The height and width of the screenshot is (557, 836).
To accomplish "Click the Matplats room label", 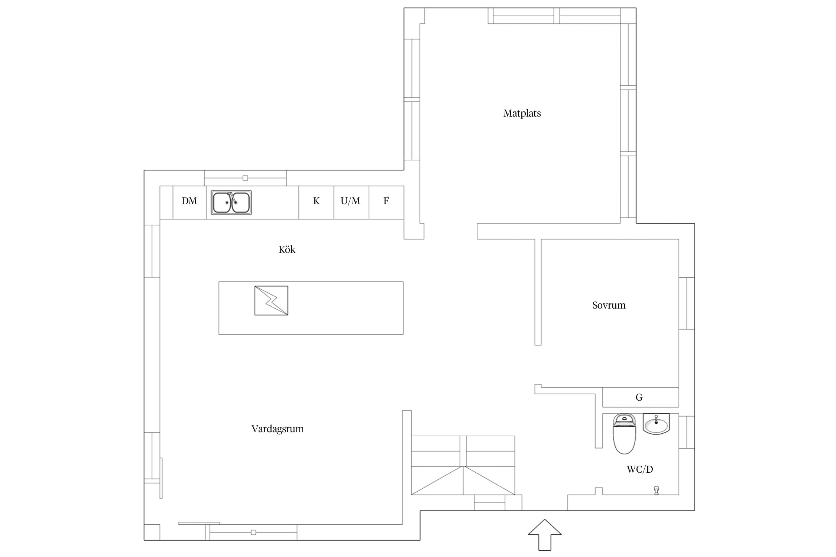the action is pos(522,113).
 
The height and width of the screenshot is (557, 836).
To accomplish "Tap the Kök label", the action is pos(287,250).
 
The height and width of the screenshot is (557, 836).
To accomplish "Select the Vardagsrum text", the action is pos(278,429).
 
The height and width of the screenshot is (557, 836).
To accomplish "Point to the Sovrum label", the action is pos(609,305).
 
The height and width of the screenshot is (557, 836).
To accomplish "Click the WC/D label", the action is pos(640,469).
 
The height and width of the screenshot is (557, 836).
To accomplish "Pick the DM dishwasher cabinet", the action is pos(189,202).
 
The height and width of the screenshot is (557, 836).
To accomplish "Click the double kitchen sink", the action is pos(231,202).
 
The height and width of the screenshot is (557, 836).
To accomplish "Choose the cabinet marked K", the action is pos(316,202).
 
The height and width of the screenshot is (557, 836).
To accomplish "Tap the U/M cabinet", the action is pos(351,202).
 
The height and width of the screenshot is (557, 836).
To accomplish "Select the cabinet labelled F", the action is pos(386,202).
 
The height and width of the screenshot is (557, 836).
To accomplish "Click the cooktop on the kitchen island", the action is pos(271,300).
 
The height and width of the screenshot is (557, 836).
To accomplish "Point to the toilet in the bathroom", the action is pos(624,433).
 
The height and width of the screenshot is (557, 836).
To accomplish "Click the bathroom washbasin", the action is pos(656,424).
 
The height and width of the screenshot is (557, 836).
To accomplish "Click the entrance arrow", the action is pos(545,534).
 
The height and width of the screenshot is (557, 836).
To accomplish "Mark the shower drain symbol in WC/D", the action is pos(657,490).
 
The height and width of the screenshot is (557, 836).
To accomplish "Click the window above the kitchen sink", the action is pos(245,178).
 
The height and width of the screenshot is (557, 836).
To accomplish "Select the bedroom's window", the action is pos(687,303).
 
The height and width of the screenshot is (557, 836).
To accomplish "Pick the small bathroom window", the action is pos(687,432).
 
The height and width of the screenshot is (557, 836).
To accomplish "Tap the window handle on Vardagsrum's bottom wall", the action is pos(253,532).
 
